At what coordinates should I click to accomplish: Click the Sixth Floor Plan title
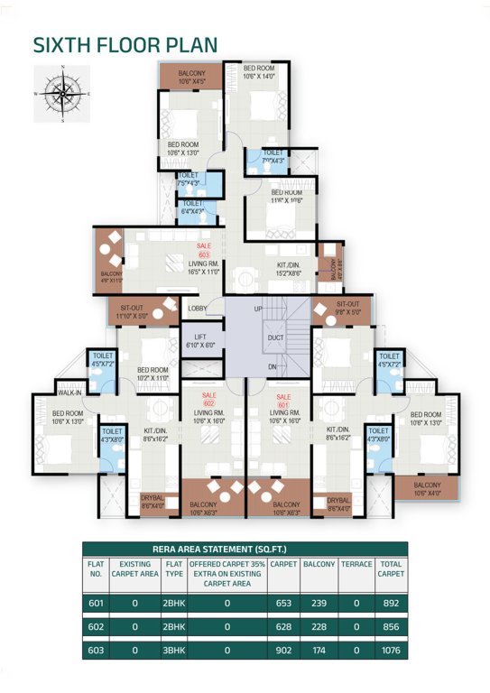click(x=125, y=45)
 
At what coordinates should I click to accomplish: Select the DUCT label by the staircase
click(x=275, y=340)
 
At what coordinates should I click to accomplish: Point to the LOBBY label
click(x=198, y=309)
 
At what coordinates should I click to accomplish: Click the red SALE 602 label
click(x=208, y=400)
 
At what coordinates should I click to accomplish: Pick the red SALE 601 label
click(x=283, y=400)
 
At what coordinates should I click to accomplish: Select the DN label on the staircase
click(x=272, y=366)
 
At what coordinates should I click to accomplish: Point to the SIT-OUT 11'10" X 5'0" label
click(x=134, y=311)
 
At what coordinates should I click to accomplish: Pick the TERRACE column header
click(x=355, y=564)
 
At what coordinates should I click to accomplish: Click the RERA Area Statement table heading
click(x=245, y=548)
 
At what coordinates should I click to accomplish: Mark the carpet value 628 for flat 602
click(x=283, y=626)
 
